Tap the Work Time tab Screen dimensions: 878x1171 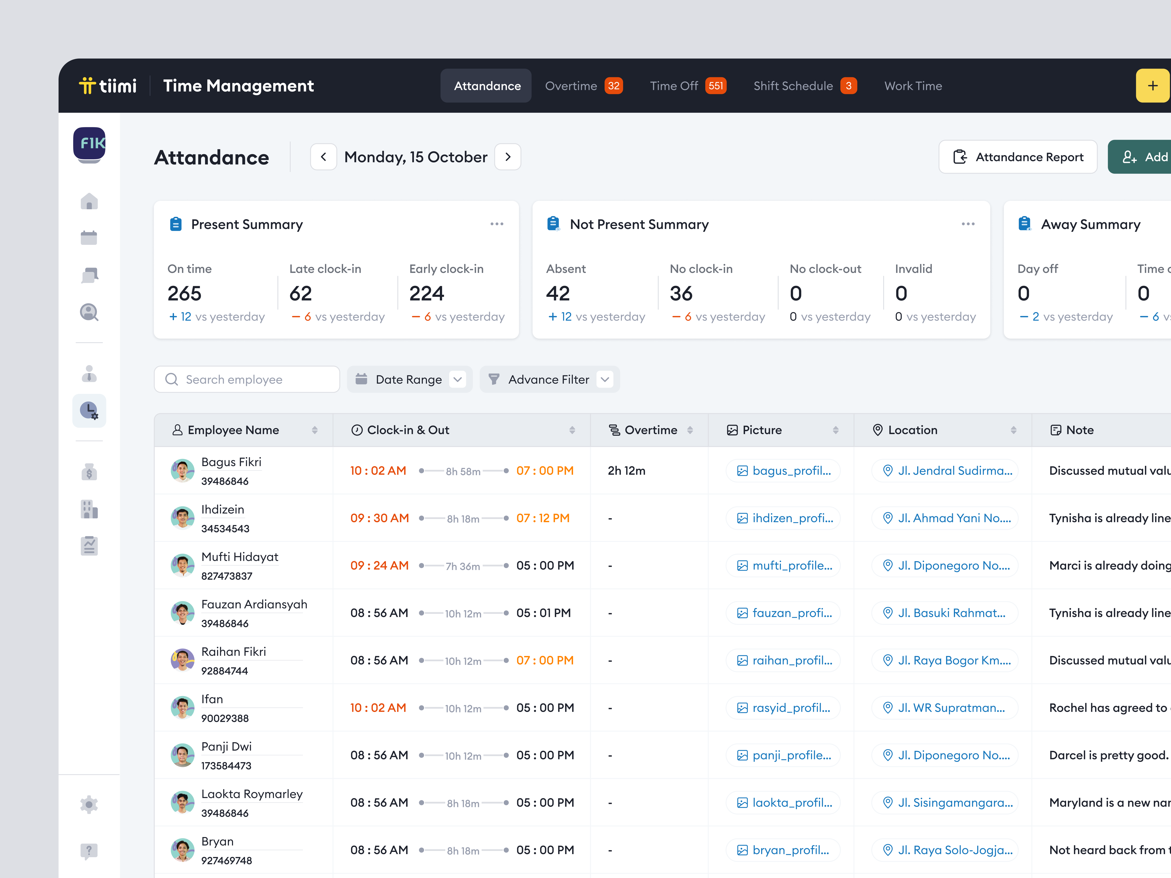[x=913, y=86]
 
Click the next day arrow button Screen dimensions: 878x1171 [x=508, y=157]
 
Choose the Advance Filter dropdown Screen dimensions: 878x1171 [x=549, y=379]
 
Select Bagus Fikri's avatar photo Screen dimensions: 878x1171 [x=182, y=470]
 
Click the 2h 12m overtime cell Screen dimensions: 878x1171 [x=626, y=470]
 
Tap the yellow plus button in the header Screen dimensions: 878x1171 [x=1152, y=86]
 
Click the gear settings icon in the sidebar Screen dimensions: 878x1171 [x=89, y=804]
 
